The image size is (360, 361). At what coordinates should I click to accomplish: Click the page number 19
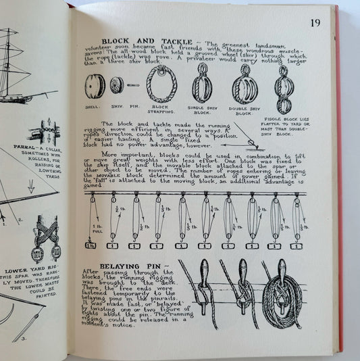(315, 23)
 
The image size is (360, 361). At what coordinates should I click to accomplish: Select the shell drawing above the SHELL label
(93, 86)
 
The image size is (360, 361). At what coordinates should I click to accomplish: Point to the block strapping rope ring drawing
(161, 85)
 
